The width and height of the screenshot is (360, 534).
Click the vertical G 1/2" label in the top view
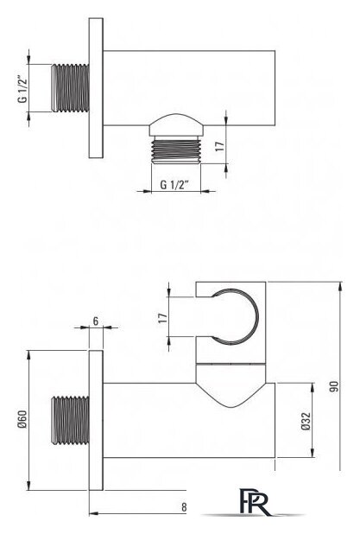click(22, 88)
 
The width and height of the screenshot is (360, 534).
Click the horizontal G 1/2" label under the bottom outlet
click(174, 185)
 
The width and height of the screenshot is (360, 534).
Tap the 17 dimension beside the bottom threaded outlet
click(220, 146)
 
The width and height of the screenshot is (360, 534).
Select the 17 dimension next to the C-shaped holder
click(163, 318)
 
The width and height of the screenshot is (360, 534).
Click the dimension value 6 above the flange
click(96, 321)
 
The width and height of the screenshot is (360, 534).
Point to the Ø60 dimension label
click(22, 419)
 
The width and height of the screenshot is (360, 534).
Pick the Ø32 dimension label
click(306, 421)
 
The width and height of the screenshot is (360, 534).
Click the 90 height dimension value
click(334, 386)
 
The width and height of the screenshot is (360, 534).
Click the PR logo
click(256, 502)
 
